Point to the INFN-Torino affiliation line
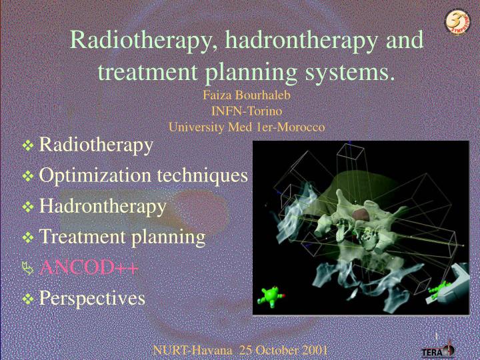[247, 111]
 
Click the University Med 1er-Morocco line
[247, 127]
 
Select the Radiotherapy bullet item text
[96, 144]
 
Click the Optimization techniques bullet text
[143, 175]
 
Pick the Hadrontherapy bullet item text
[103, 207]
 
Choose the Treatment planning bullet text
[122, 237]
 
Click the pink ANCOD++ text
[89, 268]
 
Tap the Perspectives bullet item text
[92, 298]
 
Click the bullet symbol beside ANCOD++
[27, 269]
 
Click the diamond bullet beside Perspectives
[28, 299]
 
